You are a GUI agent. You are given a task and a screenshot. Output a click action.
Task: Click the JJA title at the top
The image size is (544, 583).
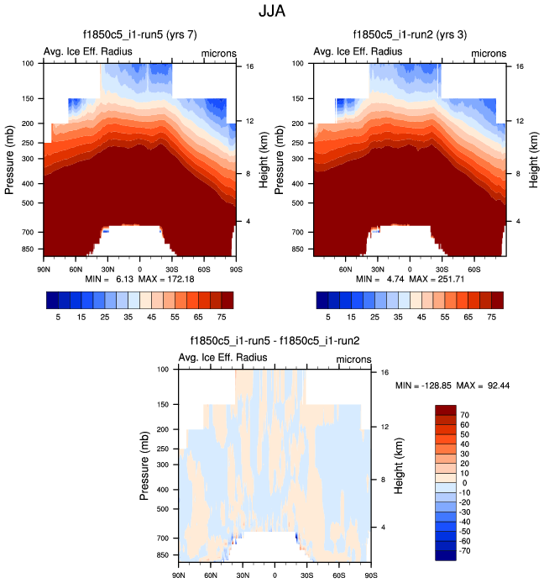272,13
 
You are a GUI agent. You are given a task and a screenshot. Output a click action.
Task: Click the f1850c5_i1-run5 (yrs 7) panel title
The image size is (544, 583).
139,35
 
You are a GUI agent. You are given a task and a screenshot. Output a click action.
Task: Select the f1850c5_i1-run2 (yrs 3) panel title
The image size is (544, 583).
410,35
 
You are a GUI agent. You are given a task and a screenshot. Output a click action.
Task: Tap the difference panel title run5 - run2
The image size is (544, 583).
275,340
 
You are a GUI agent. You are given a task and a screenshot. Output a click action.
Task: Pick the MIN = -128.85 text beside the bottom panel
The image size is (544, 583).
424,384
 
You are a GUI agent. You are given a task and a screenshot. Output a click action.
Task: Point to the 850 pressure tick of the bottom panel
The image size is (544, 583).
164,556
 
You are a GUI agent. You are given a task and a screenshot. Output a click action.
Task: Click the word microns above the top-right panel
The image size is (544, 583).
489,53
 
